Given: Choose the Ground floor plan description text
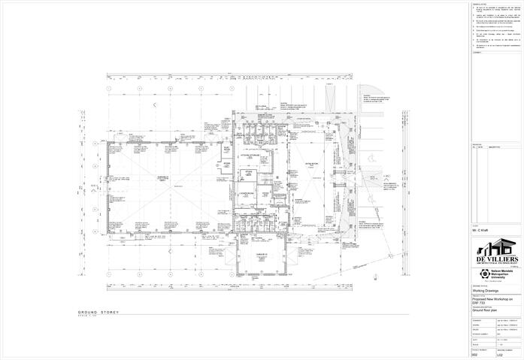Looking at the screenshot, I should coord(489,313).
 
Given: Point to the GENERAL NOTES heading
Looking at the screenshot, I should coord(481,4).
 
